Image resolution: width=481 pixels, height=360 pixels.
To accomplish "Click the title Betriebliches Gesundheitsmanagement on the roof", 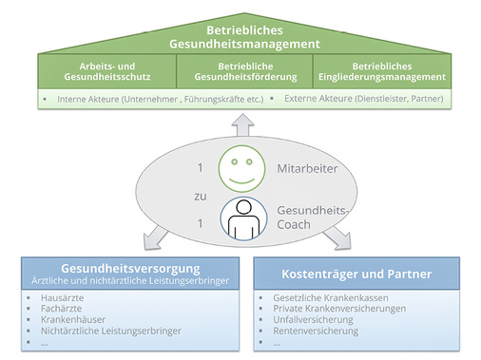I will click(240, 35).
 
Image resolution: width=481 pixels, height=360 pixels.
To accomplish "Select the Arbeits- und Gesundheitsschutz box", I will click(107, 69).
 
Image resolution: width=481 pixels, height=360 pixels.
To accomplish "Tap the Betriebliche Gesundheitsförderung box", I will click(245, 69).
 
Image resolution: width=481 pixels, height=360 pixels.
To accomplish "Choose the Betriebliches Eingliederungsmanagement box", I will click(382, 69).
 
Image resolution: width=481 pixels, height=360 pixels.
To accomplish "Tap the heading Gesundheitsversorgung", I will click(122, 268).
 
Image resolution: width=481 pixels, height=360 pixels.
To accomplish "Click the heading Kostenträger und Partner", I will click(355, 274).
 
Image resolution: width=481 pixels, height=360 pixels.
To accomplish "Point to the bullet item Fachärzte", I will click(61, 308).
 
